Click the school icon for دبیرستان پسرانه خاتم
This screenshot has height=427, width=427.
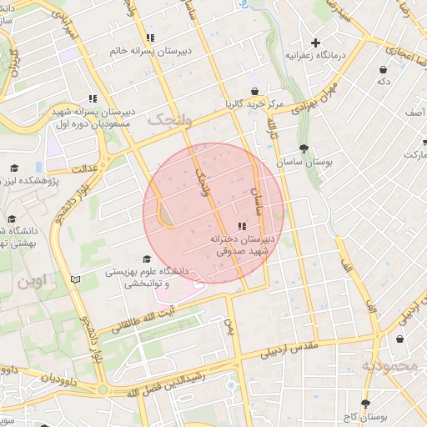point(149,38)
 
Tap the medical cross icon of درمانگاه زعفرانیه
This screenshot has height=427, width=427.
point(315,43)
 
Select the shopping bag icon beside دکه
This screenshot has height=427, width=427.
point(383,69)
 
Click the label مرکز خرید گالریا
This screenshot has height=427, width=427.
point(254,104)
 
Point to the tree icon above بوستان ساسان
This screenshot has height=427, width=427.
point(304,148)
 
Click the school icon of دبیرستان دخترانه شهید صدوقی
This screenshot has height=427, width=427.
point(242,226)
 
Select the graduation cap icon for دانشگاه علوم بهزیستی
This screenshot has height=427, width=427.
point(147,259)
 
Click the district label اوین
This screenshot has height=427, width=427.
point(33,280)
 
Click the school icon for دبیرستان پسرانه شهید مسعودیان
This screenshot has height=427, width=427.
point(91,98)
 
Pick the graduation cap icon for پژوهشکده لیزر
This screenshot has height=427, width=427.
point(13,168)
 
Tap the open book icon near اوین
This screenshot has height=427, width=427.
point(76,279)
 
